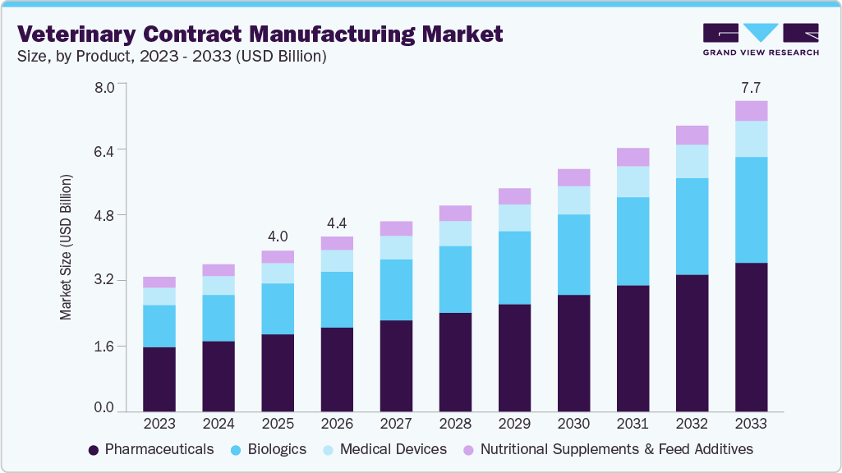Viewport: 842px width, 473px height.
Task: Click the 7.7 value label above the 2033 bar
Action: coord(751,86)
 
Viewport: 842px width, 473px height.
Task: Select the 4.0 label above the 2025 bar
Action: coord(278,236)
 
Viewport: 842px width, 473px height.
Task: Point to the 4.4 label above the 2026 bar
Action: coord(337,223)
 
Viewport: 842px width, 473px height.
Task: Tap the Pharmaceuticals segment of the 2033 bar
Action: coord(751,337)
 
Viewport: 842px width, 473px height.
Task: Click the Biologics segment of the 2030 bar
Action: coord(573,255)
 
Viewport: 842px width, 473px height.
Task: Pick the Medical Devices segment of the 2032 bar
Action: coord(692,161)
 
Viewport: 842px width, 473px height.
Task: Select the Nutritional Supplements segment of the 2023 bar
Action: coord(159,282)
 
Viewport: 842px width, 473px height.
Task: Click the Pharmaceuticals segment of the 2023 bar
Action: coord(159,379)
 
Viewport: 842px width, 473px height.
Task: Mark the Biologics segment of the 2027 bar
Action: coord(396,290)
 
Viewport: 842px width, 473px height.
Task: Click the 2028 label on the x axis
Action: coord(455,424)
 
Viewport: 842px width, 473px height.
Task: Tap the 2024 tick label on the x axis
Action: coord(219,424)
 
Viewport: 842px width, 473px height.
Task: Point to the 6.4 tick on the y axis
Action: coord(104,150)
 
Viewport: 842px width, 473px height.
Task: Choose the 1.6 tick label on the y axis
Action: coord(104,346)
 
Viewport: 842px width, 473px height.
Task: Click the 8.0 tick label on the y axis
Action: coord(104,85)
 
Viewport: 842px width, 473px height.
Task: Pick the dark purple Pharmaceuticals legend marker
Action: coord(94,450)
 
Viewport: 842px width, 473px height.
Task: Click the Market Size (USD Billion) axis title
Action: coord(65,246)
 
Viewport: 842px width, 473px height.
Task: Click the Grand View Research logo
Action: coord(761,39)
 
